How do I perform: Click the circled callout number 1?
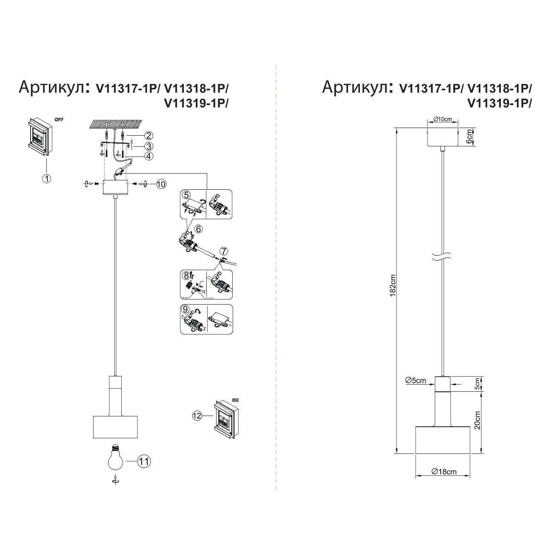[x=47, y=179]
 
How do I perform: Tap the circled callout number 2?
[x=148, y=136]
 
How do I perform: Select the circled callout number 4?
[x=148, y=156]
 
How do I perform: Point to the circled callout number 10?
[x=160, y=184]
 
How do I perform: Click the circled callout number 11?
[x=144, y=461]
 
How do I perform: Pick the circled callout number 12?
[x=197, y=416]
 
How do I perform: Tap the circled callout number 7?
[x=224, y=251]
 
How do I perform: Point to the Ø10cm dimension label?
[x=442, y=119]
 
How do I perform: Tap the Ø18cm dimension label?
[x=443, y=471]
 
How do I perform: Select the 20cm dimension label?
[x=477, y=420]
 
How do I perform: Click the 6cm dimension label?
[x=469, y=137]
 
